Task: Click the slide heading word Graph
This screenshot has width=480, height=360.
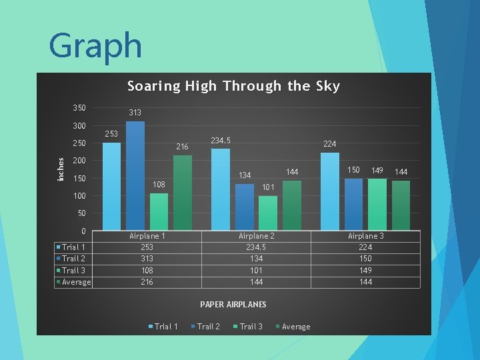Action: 95,46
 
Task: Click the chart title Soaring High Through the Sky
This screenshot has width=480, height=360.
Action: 233,86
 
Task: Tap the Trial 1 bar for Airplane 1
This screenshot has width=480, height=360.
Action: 111,186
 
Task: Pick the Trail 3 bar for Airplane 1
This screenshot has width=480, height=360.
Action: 159,211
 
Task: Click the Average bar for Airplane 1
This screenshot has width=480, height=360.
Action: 182,193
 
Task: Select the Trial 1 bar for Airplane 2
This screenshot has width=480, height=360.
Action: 221,189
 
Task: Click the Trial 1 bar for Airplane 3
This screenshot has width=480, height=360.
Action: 330,191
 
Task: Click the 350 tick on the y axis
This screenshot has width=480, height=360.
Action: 79,108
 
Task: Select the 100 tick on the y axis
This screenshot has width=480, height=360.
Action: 79,196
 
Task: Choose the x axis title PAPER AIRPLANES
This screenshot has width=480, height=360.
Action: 233,304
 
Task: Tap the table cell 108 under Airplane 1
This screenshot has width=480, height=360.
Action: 147,271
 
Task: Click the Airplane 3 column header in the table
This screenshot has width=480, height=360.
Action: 366,236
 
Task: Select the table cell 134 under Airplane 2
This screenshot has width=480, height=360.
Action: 257,259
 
